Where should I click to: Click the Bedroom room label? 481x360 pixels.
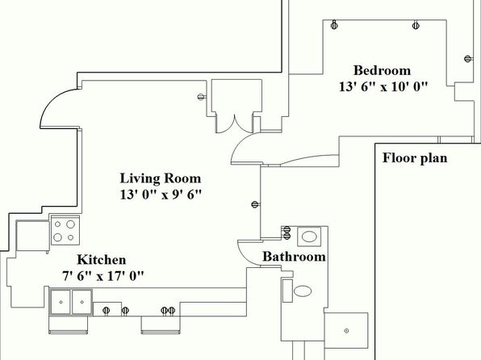[x=382, y=70]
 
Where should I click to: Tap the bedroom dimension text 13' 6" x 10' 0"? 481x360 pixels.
[x=383, y=86]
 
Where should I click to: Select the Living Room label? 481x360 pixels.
[x=160, y=178]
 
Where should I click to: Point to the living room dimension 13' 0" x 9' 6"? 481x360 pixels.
[x=161, y=195]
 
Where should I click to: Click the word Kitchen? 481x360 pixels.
[x=102, y=260]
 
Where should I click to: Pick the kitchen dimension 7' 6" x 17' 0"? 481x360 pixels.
[x=103, y=276]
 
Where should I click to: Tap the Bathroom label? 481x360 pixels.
[x=295, y=257]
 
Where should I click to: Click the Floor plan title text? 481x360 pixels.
[x=415, y=158]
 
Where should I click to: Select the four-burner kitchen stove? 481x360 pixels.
[x=65, y=230]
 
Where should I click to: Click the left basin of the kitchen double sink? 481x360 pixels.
[x=61, y=302]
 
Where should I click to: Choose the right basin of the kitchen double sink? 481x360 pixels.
[x=82, y=302]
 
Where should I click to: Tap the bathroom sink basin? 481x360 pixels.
[x=309, y=237]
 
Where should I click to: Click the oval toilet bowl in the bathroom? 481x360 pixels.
[x=303, y=291]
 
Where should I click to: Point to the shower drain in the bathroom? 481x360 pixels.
[x=347, y=331]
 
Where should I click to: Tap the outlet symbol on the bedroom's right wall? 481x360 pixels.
[x=468, y=59]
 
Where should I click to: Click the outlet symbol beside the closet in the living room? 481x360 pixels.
[x=201, y=97]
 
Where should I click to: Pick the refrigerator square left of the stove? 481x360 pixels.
[x=32, y=236]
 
